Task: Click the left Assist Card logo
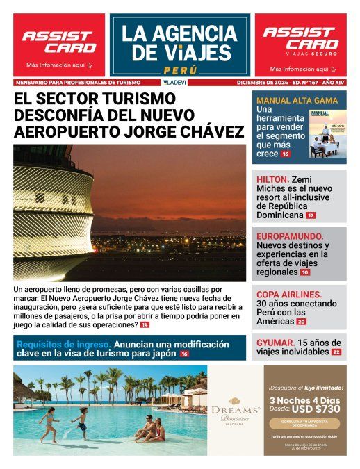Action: coord(58,42)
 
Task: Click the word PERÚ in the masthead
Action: coord(180,70)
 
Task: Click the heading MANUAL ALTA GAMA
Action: coord(297,100)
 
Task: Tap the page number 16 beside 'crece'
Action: coord(285,154)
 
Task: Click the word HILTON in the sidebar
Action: coord(271,178)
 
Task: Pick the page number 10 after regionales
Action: coord(305,273)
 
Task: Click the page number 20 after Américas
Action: coord(301,322)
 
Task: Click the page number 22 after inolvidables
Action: coord(336,352)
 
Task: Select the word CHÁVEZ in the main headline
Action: coord(206,129)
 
